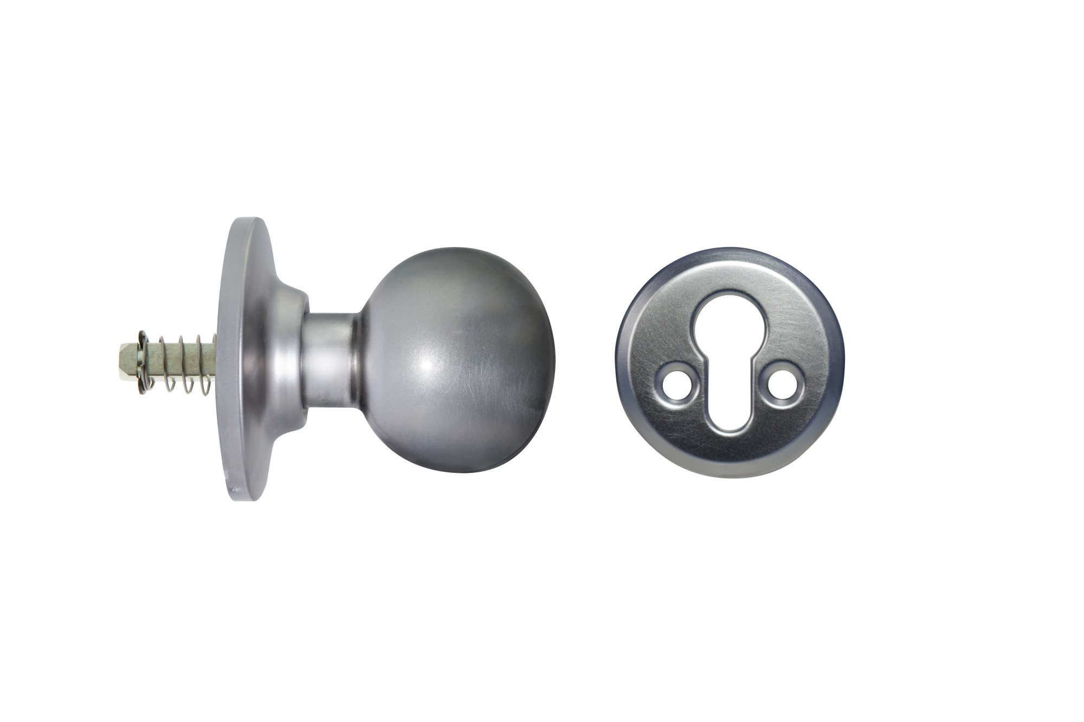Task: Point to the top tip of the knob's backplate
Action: tap(253, 219)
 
